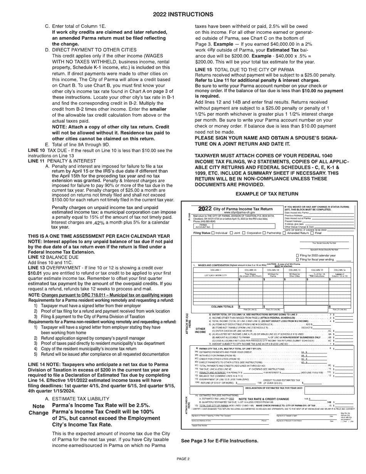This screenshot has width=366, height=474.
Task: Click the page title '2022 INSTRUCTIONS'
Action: pyautogui.click(x=183, y=14)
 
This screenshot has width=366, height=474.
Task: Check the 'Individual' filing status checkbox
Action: pyautogui.click(x=214, y=233)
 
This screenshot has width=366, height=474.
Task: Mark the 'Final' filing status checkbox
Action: pyautogui.click(x=312, y=233)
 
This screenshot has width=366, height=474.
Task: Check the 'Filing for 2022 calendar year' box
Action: pyautogui.click(x=297, y=255)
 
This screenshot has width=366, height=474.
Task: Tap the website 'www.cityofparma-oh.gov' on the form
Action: pyautogui.click(x=240, y=212)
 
